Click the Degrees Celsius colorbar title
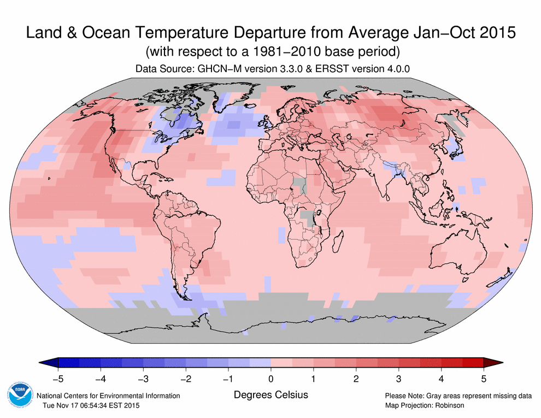click(x=270, y=395)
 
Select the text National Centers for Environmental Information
click(x=108, y=396)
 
